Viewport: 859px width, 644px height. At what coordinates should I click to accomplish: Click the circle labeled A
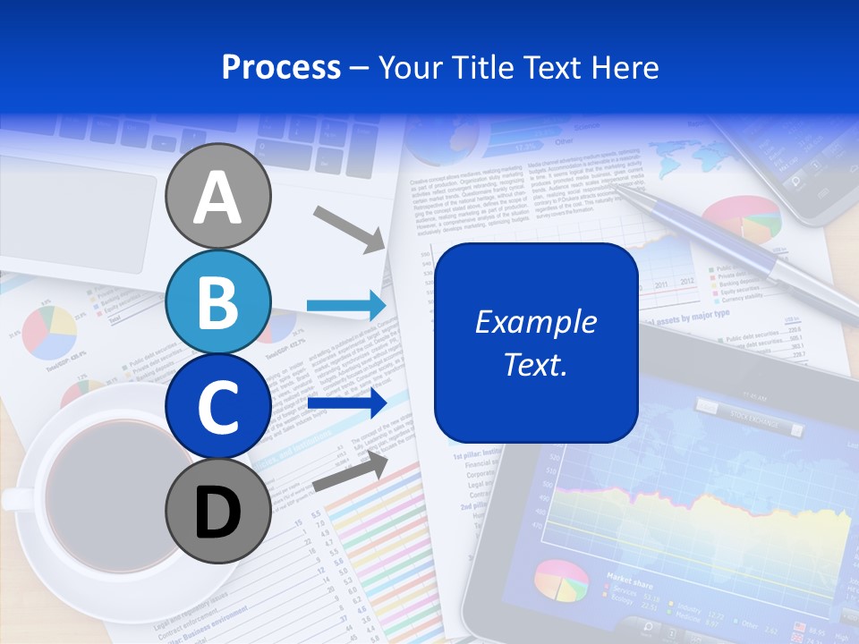[218, 196]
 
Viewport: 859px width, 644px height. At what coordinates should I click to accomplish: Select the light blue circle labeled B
[218, 302]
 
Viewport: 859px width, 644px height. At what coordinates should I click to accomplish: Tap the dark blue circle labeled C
[218, 407]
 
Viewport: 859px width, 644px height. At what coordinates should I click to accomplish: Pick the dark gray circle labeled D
[218, 512]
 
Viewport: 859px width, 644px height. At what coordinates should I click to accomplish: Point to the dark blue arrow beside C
[345, 402]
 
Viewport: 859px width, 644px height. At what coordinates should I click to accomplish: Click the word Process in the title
[281, 67]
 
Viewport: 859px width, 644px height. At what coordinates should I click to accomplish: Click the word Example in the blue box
[535, 322]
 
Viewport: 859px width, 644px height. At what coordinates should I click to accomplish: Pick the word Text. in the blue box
[535, 364]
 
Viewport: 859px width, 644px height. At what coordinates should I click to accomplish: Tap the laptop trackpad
[76, 215]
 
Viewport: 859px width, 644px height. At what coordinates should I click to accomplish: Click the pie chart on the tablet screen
[561, 580]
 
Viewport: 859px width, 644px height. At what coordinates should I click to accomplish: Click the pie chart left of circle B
[49, 331]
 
